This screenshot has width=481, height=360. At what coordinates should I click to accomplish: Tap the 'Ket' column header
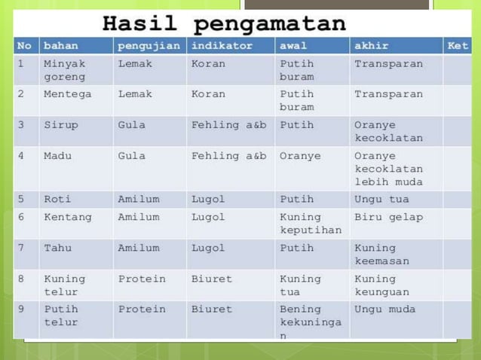[458, 46]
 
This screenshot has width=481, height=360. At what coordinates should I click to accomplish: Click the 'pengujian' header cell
[149, 46]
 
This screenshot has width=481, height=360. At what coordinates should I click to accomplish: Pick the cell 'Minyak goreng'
[64, 70]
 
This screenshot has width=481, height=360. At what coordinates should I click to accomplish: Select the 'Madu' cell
[57, 156]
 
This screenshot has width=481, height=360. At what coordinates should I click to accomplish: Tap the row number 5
[21, 200]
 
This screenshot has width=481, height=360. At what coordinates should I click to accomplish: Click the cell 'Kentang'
[68, 217]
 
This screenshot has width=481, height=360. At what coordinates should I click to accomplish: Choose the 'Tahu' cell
[58, 248]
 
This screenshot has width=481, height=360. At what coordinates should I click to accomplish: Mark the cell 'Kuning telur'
[64, 285]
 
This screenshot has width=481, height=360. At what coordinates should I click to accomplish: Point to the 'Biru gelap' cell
[388, 217]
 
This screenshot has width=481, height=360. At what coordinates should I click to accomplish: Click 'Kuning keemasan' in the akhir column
[381, 254]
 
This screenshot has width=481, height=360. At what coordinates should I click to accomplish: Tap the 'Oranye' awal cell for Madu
[300, 156]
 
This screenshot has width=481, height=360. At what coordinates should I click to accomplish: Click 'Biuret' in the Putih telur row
[212, 309]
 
